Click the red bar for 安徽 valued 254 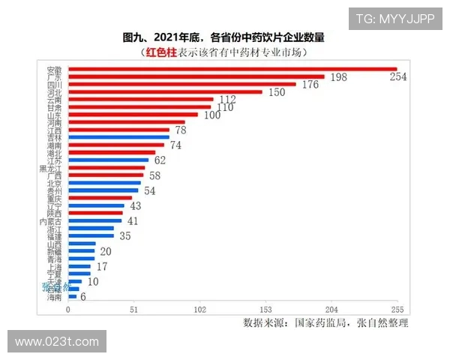click(232, 69)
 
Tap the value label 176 click(310, 85)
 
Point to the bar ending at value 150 click(165, 92)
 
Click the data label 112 click(227, 100)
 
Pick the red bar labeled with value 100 click(133, 115)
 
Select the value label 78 click(181, 130)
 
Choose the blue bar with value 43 click(96, 205)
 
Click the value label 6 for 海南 click(83, 297)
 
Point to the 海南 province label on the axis click(54, 297)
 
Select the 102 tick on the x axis click(199, 310)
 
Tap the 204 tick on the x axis click(331, 310)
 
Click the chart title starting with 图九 click(224, 37)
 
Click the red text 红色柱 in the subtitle click(160, 52)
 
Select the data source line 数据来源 click(325, 323)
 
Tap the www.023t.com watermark click(57, 341)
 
